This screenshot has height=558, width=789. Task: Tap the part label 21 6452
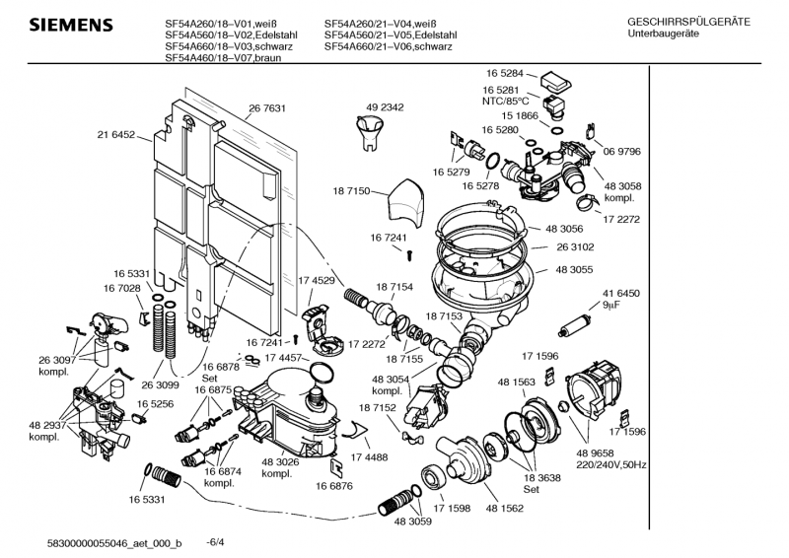(x=116, y=134)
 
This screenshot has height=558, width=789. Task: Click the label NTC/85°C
(x=506, y=101)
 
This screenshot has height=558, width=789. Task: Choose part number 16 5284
(x=504, y=73)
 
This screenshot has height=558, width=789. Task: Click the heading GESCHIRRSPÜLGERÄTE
(x=687, y=21)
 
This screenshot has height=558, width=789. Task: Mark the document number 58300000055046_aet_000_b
(x=113, y=543)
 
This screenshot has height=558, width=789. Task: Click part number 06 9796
(x=622, y=151)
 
